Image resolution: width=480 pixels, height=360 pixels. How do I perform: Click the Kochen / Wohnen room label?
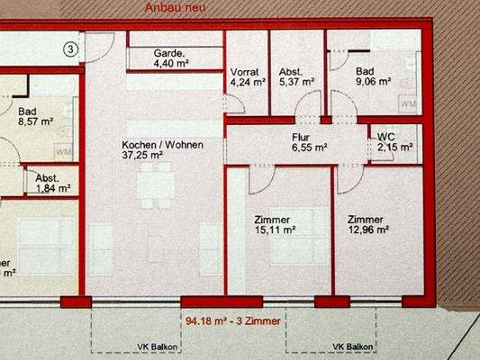[163, 144]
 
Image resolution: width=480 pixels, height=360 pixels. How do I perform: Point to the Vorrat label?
[244, 70]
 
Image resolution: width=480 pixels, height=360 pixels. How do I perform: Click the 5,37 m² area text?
[297, 81]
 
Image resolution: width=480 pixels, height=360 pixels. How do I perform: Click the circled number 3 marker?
[72, 47]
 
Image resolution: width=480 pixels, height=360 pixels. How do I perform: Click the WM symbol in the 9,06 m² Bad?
[407, 103]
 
